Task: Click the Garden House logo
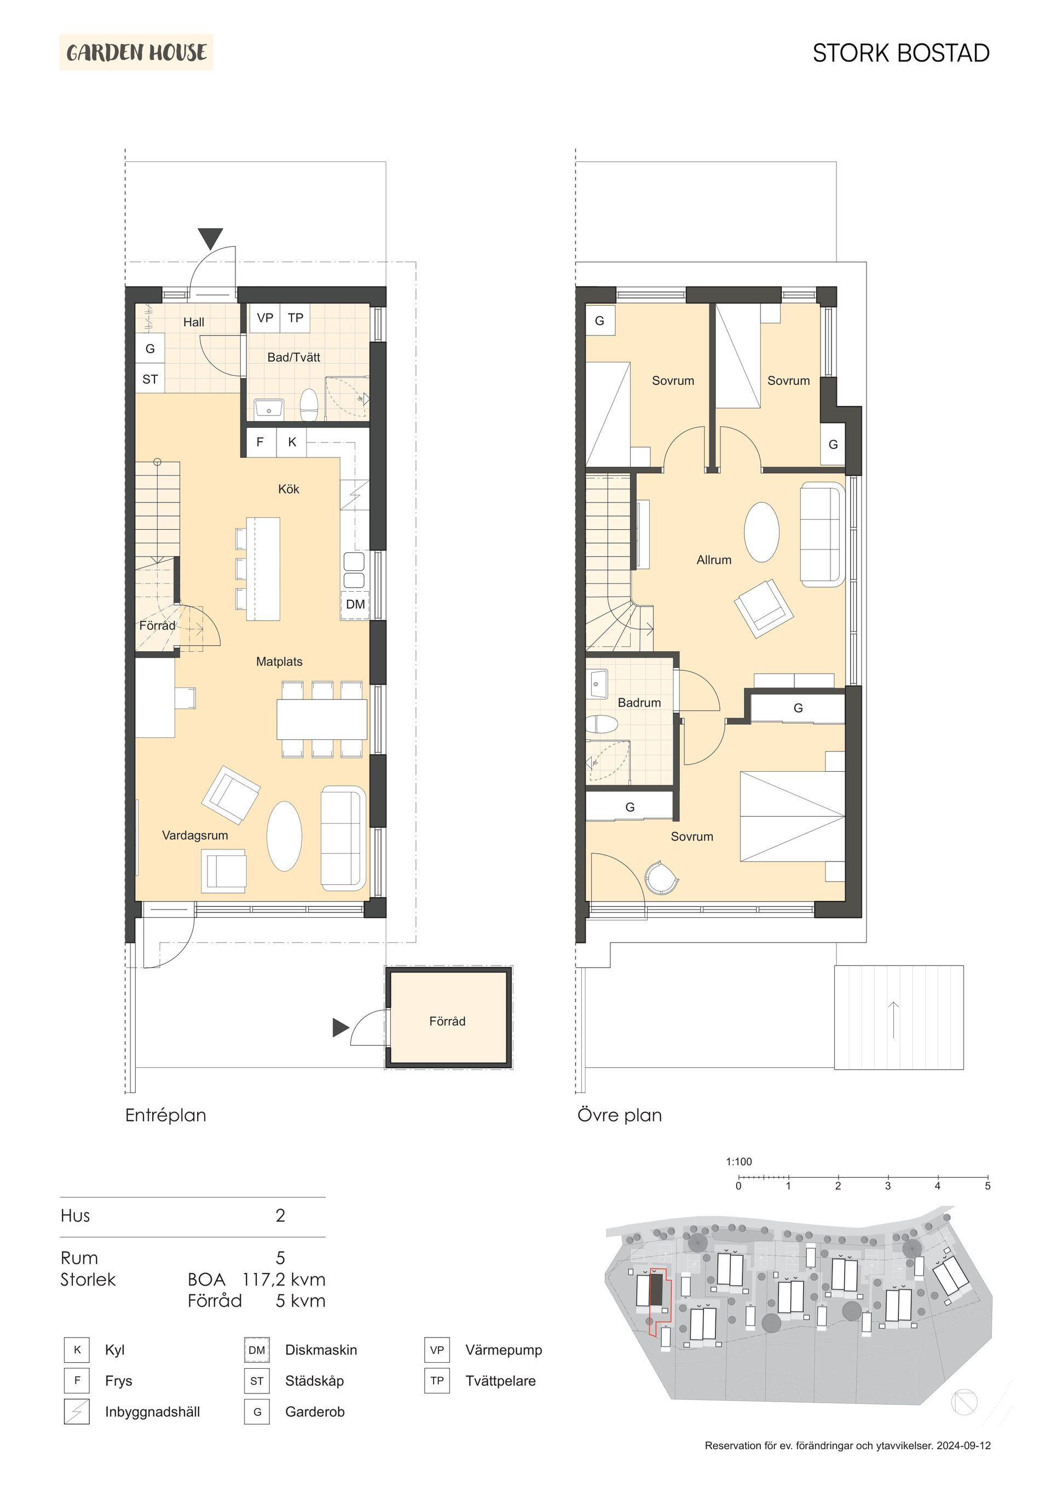[x=136, y=53]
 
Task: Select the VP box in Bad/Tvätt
[x=264, y=318]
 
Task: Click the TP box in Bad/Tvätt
[x=296, y=318]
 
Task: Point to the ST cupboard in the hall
[x=149, y=379]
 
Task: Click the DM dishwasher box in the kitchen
[x=355, y=604]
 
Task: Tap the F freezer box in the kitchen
[x=260, y=442]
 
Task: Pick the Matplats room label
[x=279, y=662]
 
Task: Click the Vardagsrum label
[x=194, y=836]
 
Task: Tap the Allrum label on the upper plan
[x=713, y=560]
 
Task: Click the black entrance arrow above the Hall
[x=211, y=238]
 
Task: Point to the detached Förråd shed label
[x=447, y=1021]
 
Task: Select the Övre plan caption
[x=620, y=1115]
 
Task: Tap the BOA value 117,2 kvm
[x=284, y=1280]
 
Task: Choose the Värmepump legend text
[x=504, y=1350]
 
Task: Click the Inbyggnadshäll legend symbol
[x=77, y=1412]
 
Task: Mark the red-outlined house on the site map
[x=656, y=1288]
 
